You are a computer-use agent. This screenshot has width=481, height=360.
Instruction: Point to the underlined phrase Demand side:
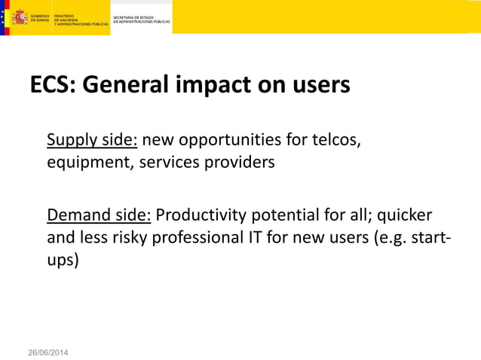(x=100, y=215)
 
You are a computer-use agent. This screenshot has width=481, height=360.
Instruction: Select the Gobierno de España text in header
(x=40, y=17)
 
